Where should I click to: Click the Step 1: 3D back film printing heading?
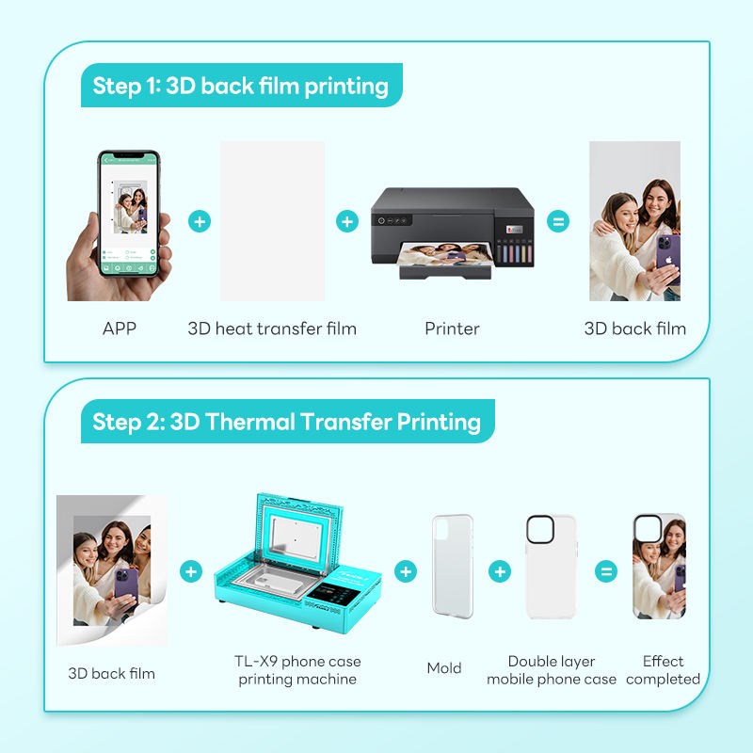coord(241,86)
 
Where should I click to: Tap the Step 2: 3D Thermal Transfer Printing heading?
coord(287,422)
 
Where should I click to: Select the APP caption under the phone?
coord(120,328)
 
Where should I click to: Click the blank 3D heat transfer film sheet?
coord(272,221)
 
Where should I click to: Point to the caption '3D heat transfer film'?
coord(272,328)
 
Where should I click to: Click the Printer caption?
coord(452,328)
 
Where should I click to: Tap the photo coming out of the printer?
coord(445,253)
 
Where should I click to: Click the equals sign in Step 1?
coord(558,221)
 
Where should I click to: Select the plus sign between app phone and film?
coord(200,221)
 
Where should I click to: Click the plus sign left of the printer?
coord(347,221)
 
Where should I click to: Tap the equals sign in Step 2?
coord(606,571)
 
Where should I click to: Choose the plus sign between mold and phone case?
coord(500,571)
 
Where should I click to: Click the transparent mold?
coord(453,567)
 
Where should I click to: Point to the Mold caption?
coord(444,668)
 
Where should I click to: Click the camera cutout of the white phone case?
coord(540,530)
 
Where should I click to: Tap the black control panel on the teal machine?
coord(333,594)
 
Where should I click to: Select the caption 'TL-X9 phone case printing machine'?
coord(297,670)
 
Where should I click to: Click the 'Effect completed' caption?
coord(664,670)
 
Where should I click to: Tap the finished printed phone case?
coord(660,567)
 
